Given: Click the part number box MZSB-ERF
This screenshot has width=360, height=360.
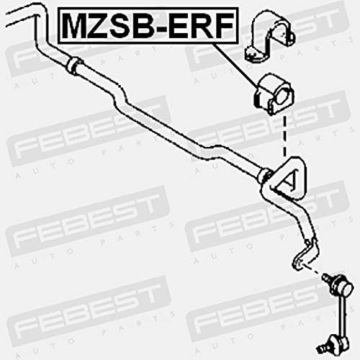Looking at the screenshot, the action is [x=148, y=26].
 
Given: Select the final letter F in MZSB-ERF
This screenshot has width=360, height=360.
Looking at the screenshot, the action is [x=223, y=26].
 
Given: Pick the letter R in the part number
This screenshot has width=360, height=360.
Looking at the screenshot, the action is [x=200, y=26].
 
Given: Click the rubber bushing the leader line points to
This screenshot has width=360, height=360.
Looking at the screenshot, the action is [x=274, y=95].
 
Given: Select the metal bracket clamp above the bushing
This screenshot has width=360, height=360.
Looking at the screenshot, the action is [x=269, y=35].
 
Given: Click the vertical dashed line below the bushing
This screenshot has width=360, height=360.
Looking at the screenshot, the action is [x=284, y=136].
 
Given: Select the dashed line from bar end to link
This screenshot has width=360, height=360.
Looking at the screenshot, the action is [x=312, y=270].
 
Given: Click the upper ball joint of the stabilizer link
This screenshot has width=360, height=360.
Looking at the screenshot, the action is [x=338, y=286].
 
